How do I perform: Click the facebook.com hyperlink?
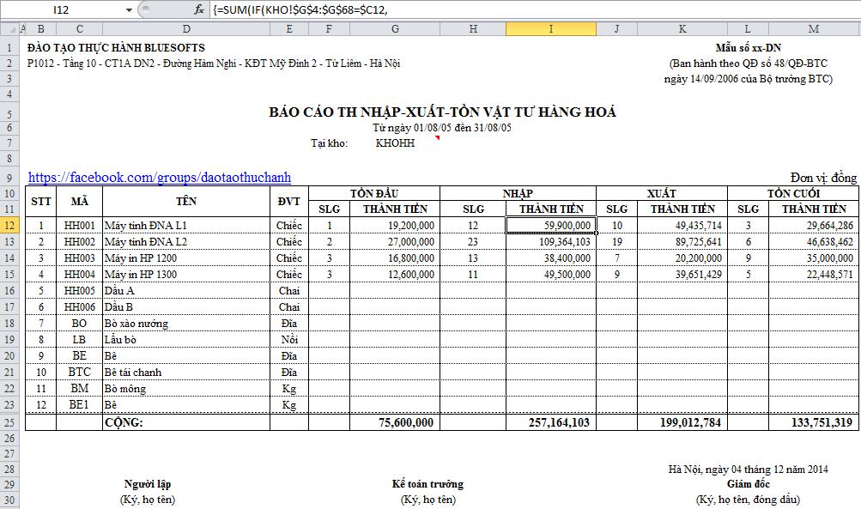[x=159, y=178]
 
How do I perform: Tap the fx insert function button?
[x=199, y=9]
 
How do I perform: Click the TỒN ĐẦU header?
[x=373, y=193]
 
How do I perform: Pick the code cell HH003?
[x=79, y=258]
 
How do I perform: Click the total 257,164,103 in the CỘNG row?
[x=555, y=422]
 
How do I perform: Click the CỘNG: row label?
[x=124, y=422]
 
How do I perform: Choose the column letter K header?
[x=682, y=29]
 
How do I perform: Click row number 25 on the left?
[x=9, y=422]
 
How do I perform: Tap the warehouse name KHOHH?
[x=395, y=143]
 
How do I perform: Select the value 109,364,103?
[x=555, y=242]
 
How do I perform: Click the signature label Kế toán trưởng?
[x=427, y=484]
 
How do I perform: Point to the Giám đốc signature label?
[x=748, y=484]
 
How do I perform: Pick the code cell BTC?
[x=79, y=373]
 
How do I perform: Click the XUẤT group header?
[x=661, y=193]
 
